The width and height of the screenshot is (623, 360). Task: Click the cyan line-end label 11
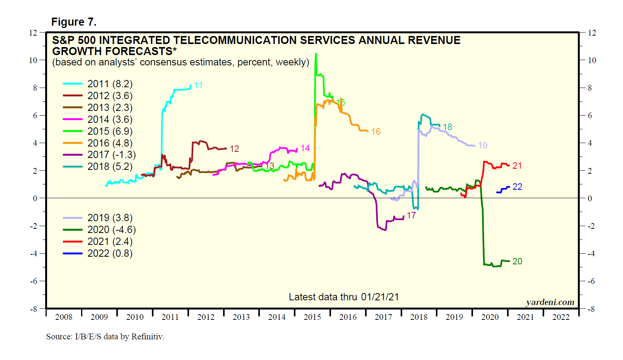point(198,85)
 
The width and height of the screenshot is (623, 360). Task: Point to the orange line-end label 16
point(376,132)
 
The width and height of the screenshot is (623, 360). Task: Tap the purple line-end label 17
point(411,215)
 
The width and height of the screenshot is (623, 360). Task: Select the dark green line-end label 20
point(517,261)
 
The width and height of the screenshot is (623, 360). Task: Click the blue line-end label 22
point(517,187)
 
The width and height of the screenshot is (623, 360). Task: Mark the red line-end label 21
point(517,166)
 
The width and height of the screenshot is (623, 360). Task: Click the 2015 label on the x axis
point(312,317)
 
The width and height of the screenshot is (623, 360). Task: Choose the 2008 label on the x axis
point(64,317)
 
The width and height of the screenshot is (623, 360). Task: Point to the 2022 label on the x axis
point(561,317)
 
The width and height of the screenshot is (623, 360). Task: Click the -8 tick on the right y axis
point(591,309)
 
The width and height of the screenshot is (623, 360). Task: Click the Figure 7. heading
point(74,22)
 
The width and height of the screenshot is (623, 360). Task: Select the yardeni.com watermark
point(550,302)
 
